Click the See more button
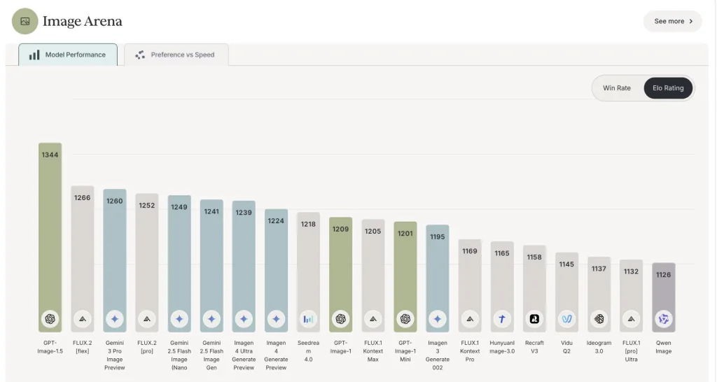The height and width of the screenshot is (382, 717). pyautogui.click(x=672, y=21)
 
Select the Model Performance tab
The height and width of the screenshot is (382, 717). pyautogui.click(x=67, y=55)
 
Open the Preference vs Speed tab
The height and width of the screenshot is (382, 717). pyautogui.click(x=176, y=55)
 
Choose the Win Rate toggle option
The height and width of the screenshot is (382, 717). pyautogui.click(x=616, y=88)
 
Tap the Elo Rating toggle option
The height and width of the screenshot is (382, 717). pyautogui.click(x=668, y=88)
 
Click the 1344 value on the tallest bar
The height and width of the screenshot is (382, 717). pyautogui.click(x=50, y=155)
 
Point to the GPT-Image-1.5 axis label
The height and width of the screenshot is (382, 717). pyautogui.click(x=50, y=347)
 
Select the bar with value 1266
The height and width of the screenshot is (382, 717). pyautogui.click(x=82, y=259)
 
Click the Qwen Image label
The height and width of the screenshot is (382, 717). pyautogui.click(x=663, y=347)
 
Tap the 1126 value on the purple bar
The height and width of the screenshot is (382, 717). pyautogui.click(x=663, y=275)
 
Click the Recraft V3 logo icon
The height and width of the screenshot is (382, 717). pyautogui.click(x=534, y=319)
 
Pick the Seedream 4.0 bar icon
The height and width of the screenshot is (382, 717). pyautogui.click(x=308, y=319)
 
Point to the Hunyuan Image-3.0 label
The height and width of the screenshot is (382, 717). pyautogui.click(x=502, y=347)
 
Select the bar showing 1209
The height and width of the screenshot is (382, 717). pyautogui.click(x=340, y=273)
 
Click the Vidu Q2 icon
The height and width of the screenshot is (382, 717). pyautogui.click(x=566, y=319)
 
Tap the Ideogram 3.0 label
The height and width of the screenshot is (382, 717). pyautogui.click(x=599, y=347)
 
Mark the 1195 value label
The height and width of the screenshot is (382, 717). pyautogui.click(x=438, y=236)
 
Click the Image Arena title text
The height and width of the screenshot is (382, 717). pyautogui.click(x=82, y=21)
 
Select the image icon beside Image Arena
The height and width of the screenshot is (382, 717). pyautogui.click(x=25, y=21)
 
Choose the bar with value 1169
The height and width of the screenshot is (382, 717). pyautogui.click(x=470, y=283)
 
